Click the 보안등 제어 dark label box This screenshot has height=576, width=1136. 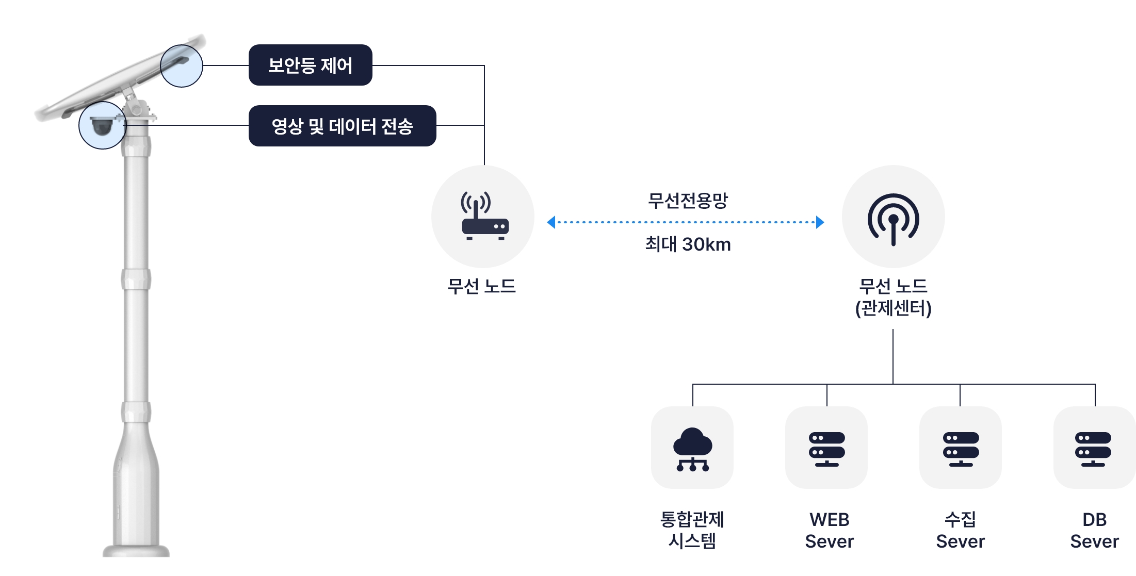(x=310, y=65)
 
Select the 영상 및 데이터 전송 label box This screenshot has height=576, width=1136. (x=342, y=126)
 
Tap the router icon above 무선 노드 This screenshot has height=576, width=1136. (x=484, y=217)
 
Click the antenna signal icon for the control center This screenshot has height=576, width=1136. (x=893, y=218)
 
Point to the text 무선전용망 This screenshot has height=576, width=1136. (x=688, y=200)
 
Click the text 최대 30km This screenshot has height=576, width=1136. (x=688, y=244)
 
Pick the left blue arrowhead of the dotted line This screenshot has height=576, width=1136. (x=551, y=222)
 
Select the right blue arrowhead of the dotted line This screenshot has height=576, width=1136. (x=820, y=222)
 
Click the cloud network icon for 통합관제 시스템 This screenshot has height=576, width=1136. (x=692, y=448)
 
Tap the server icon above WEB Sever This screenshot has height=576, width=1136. (x=826, y=448)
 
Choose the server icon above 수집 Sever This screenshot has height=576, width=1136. (x=961, y=448)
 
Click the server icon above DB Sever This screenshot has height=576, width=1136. (x=1094, y=448)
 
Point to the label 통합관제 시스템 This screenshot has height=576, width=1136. (x=692, y=530)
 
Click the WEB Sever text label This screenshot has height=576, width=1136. (x=829, y=530)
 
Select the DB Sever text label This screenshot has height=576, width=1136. (x=1094, y=530)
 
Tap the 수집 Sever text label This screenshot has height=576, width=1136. (x=960, y=530)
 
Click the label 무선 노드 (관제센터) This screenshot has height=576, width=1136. (x=893, y=297)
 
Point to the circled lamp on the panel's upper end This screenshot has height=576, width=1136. (x=181, y=65)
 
